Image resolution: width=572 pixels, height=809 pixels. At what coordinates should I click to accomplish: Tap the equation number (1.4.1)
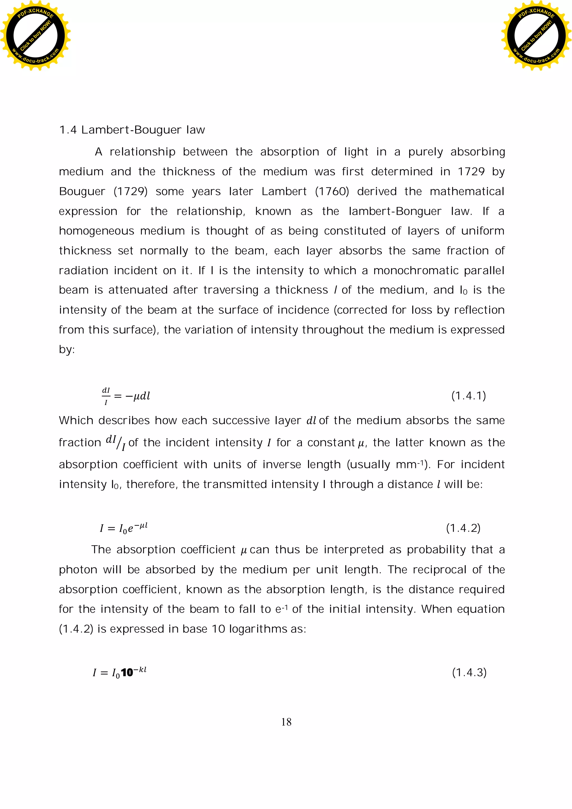[x=468, y=396]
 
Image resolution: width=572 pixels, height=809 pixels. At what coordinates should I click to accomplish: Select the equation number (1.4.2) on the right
[x=463, y=528]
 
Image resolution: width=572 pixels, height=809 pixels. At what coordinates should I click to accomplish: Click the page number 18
[x=286, y=722]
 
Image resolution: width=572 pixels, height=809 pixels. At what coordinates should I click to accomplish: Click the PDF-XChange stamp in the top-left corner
[x=35, y=35]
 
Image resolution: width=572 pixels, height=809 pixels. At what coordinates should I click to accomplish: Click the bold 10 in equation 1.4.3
[x=127, y=673]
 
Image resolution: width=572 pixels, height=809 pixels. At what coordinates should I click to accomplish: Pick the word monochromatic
[x=415, y=270]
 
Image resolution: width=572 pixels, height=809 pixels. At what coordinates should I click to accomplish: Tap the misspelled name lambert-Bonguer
[x=394, y=211]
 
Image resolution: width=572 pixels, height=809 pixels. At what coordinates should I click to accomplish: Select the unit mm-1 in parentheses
[x=409, y=464]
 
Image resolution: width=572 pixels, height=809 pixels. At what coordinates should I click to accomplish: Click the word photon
[x=78, y=569]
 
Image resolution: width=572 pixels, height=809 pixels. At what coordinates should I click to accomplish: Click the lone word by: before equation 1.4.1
[x=66, y=350]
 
